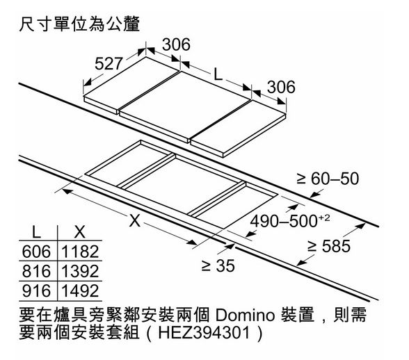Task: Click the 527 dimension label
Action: pos(109,63)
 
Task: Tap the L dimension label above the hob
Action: pos(218,74)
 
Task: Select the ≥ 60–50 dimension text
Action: pos(328,179)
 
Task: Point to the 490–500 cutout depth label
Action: pos(290,221)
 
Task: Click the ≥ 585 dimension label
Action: pos(328,246)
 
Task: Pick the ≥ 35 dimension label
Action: pos(218,265)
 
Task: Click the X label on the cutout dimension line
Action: pos(135,220)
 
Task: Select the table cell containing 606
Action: pos(36,252)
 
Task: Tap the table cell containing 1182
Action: pos(80,252)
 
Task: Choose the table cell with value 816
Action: pos(36,271)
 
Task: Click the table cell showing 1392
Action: pos(80,271)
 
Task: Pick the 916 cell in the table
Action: pos(36,291)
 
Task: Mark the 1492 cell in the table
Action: pos(80,291)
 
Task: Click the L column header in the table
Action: pos(36,231)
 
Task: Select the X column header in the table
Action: pos(79,231)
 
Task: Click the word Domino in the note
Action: pos(245,315)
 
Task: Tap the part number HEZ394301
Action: pos(204,333)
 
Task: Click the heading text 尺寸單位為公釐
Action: pos(79,24)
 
